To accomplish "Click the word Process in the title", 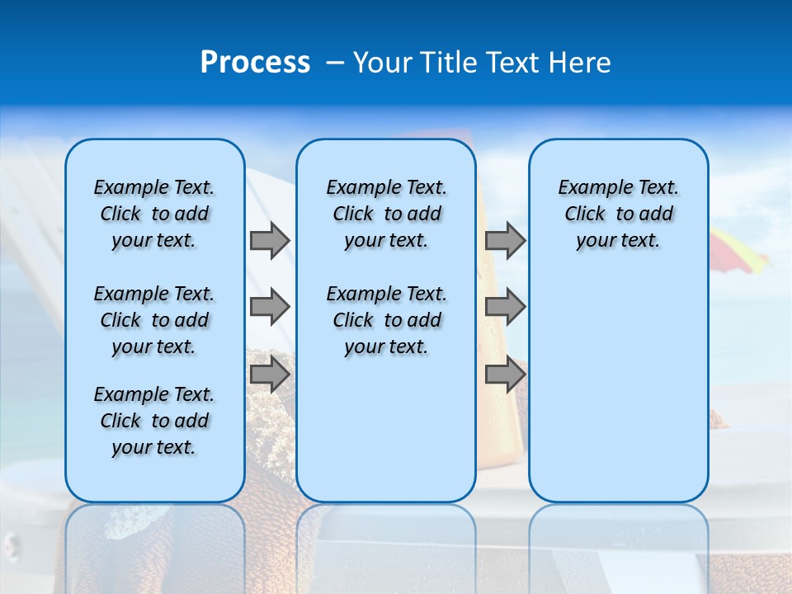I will point(255,63).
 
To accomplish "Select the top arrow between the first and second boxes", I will point(269,240).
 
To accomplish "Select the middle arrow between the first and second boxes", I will point(269,307).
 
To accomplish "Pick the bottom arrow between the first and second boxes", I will point(269,375).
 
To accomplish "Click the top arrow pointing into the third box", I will point(505,240).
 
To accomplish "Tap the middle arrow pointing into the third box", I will point(505,307).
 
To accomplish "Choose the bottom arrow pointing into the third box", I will point(505,375).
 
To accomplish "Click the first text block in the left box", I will point(154,214).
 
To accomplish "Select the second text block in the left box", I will point(154,320).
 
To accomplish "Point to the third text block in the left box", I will point(154,421).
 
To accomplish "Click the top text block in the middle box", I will point(387,214).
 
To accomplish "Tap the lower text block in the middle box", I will point(387,320).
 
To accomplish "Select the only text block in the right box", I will point(619,214).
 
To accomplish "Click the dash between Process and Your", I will point(335,63).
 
